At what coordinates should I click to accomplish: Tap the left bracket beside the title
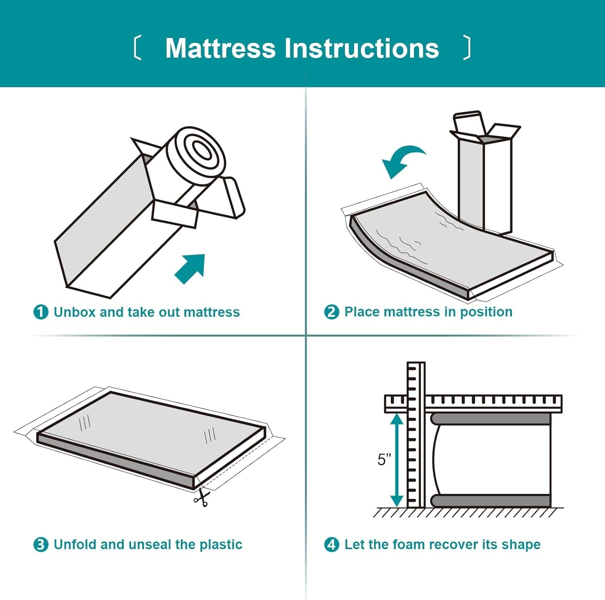pos(137,48)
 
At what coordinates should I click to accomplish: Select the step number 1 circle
pos(41,312)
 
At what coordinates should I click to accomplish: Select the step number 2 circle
pos(332,312)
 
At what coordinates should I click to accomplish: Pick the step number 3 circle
pos(41,544)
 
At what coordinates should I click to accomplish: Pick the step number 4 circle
pos(332,544)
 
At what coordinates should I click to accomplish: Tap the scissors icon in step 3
pos(201,498)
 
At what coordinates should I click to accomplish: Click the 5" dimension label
pos(384,460)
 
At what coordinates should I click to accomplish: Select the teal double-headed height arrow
pos(397,460)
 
